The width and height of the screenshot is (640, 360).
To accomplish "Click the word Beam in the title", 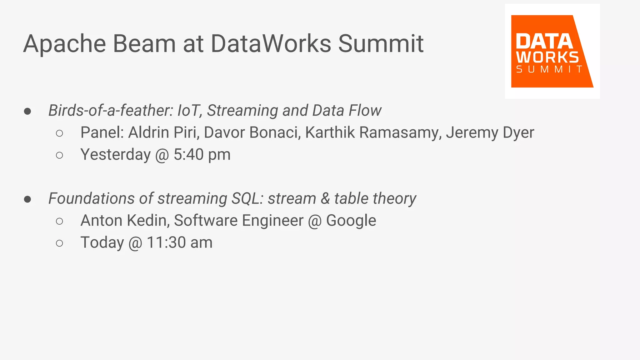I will pyautogui.click(x=144, y=44).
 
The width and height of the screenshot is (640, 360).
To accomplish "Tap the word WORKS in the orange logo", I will pyautogui.click(x=547, y=57).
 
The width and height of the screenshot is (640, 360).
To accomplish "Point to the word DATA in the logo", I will pyautogui.click(x=544, y=42).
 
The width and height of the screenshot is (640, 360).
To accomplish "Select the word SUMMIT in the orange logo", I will pyautogui.click(x=549, y=69).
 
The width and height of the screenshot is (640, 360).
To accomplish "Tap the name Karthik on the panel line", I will pyautogui.click(x=330, y=132).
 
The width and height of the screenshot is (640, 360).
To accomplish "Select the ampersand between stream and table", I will pyautogui.click(x=325, y=199).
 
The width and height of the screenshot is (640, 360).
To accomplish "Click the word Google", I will pyautogui.click(x=351, y=221).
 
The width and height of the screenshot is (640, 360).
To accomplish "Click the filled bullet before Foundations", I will pyautogui.click(x=27, y=199).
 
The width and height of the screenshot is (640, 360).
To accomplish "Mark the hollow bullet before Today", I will pyautogui.click(x=59, y=243).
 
